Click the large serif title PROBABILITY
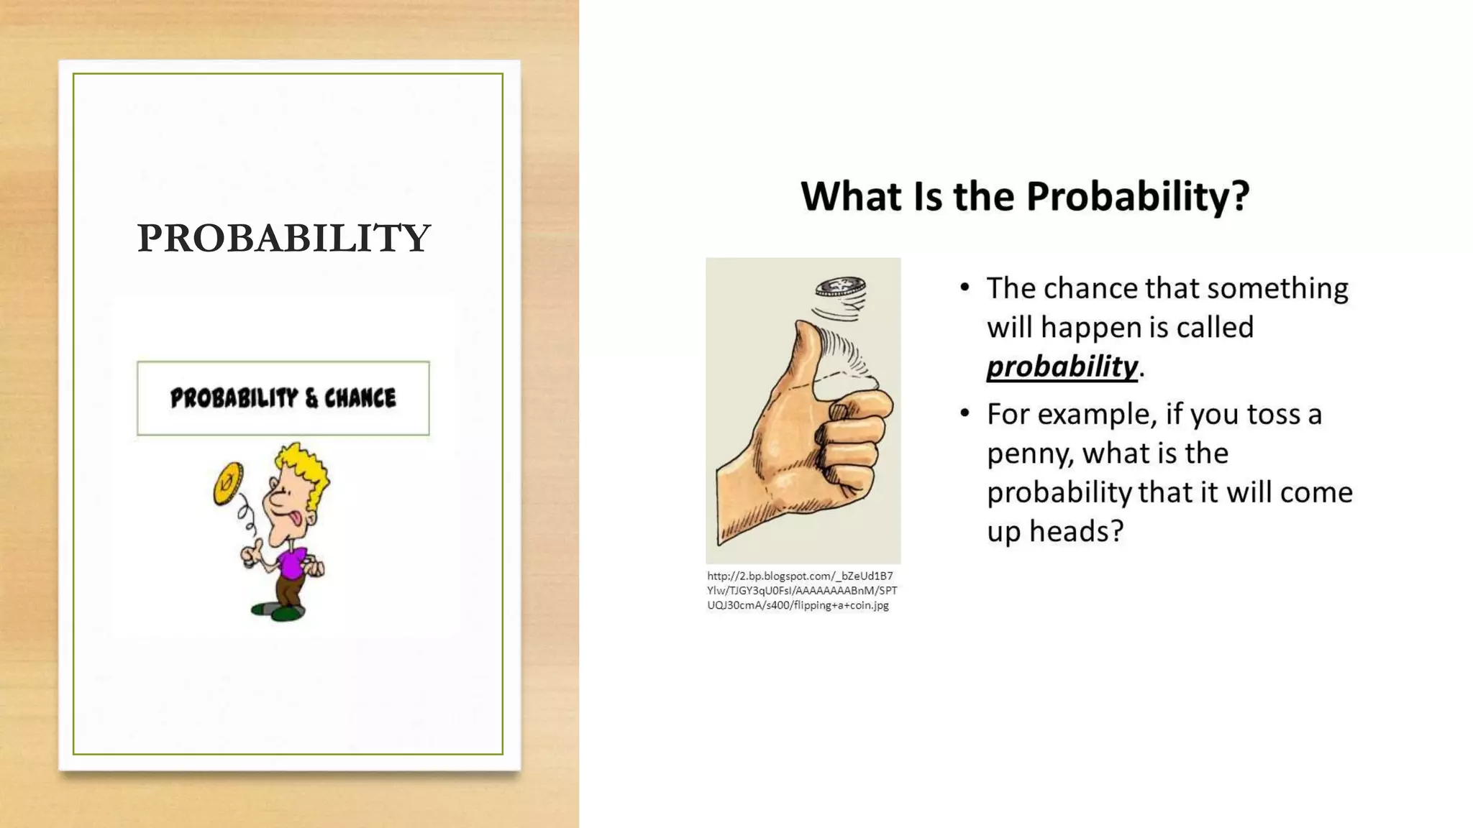pos(283,238)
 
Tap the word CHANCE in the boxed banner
pos(360,398)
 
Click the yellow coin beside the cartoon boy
pos(228,484)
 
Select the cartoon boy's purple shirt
pos(292,562)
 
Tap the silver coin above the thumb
pos(839,286)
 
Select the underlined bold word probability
pos(1062,367)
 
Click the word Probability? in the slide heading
pos(1137,196)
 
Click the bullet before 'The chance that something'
pos(964,288)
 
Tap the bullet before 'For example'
pos(964,414)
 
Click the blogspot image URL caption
pos(801,590)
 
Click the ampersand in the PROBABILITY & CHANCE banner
pos(311,398)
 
